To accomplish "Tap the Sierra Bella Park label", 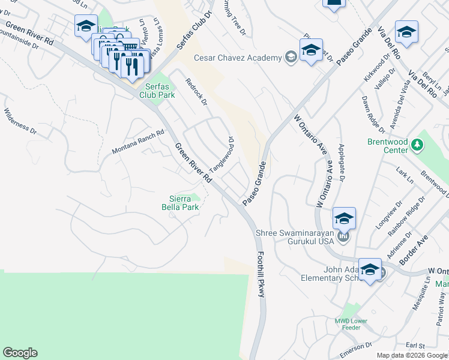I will click(184, 203).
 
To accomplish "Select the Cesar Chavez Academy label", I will click(238, 58).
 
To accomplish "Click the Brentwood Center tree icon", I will click(419, 145).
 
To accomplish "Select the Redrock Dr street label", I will click(196, 92).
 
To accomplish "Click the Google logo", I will click(20, 353).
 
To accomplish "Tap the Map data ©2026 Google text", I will click(412, 355).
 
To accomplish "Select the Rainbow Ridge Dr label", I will click(409, 215).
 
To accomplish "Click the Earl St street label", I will click(415, 346).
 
